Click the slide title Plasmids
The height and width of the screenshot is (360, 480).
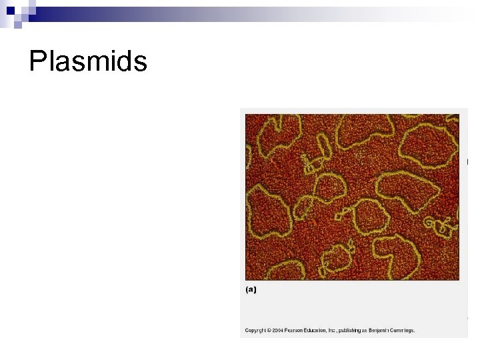pos(88,62)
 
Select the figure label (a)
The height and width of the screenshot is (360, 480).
pos(251,289)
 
